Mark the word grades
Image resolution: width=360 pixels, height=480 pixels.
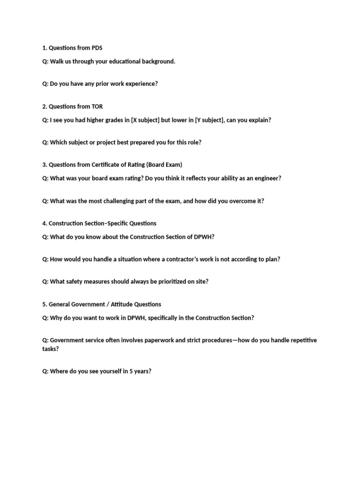pos(114,120)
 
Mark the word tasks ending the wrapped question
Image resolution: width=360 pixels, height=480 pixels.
pos(50,349)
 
